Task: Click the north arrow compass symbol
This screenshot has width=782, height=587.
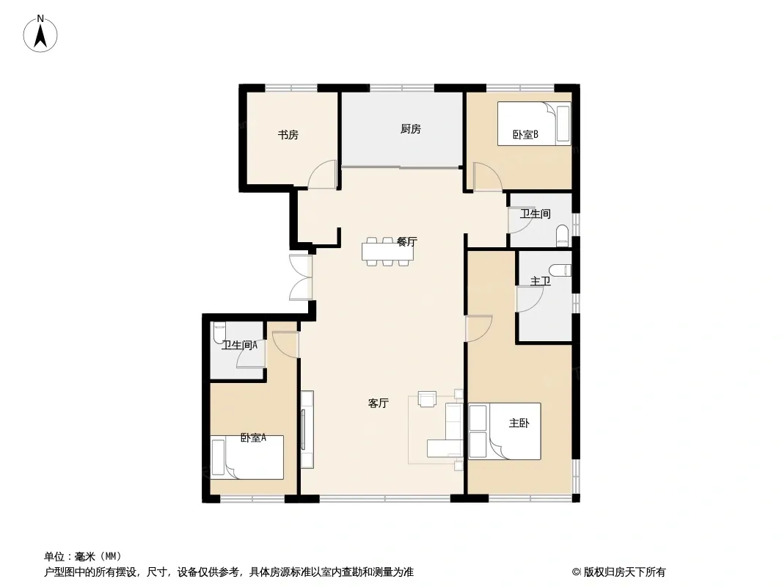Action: tap(40, 34)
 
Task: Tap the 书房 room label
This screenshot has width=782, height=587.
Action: tap(288, 135)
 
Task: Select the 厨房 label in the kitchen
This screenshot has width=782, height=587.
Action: tap(411, 129)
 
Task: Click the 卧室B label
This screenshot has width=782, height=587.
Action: tap(526, 134)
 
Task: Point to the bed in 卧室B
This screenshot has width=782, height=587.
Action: tap(534, 124)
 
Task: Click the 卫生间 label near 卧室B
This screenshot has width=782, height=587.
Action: tap(535, 214)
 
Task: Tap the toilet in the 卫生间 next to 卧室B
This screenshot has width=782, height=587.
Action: tap(562, 236)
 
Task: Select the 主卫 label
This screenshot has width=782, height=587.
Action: tap(540, 281)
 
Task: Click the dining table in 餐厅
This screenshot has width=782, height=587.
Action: tap(388, 252)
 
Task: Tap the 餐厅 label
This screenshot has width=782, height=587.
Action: tap(406, 241)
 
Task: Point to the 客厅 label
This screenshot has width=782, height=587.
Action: tap(378, 403)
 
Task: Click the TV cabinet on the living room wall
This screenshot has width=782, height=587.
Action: tap(307, 429)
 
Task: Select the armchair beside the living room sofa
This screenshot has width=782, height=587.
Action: tap(427, 399)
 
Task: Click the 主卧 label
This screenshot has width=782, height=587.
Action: tap(519, 423)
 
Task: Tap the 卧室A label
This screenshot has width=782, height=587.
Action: tap(253, 438)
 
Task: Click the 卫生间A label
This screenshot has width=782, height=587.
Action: tap(239, 345)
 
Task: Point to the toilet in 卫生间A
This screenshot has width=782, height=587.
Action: tap(219, 332)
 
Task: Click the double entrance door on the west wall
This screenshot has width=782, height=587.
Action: tap(302, 277)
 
